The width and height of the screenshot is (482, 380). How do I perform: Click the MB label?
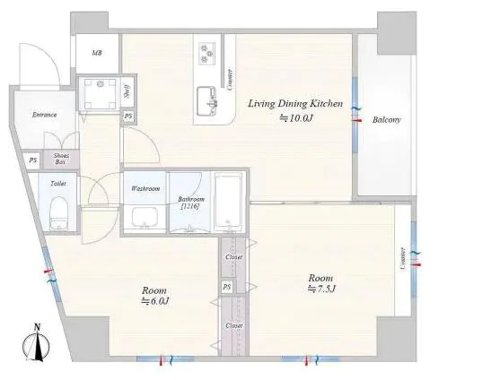coord(97,53)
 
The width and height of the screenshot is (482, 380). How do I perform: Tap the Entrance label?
coord(45,115)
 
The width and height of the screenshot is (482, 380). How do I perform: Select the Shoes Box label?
coord(61,159)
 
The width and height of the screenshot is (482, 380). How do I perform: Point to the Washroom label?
coord(145,188)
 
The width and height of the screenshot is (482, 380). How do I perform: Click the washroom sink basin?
coord(145,217)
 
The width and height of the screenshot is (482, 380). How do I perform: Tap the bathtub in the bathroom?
coord(228,203)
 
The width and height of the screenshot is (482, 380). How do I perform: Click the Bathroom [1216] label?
coord(191,203)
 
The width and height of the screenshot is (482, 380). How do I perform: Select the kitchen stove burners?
coord(207,54)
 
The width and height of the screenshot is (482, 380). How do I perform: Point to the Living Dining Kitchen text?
coord(295,104)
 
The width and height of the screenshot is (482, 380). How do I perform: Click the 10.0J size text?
coord(296,118)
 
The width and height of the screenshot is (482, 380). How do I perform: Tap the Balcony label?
coord(386,120)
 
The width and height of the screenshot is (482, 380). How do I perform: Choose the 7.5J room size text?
coord(321,289)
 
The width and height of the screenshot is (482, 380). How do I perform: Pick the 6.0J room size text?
coord(155,301)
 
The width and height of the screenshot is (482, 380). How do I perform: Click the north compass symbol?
coord(37,343)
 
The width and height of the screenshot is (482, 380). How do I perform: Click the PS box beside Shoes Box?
coord(33,160)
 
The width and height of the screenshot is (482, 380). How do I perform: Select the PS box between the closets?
coord(227,287)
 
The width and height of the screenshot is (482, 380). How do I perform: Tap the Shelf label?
coord(127,91)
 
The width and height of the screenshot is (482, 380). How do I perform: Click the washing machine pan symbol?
coord(100,93)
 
